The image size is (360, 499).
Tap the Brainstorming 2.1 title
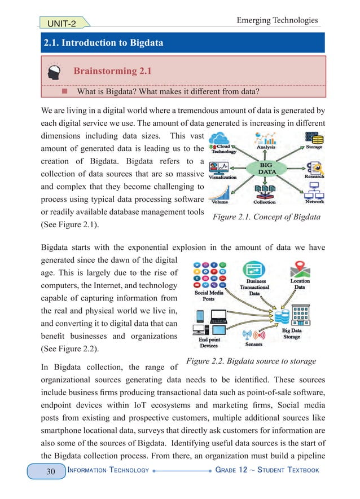[x=113, y=71]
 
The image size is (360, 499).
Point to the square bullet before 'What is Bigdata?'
[x=64, y=91]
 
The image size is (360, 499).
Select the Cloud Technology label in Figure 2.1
[x=224, y=148]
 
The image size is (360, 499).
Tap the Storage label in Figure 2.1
[x=314, y=147]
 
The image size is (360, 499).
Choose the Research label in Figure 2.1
[x=314, y=176]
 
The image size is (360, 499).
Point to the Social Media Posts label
[x=208, y=297]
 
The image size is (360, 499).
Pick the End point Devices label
[x=208, y=343]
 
